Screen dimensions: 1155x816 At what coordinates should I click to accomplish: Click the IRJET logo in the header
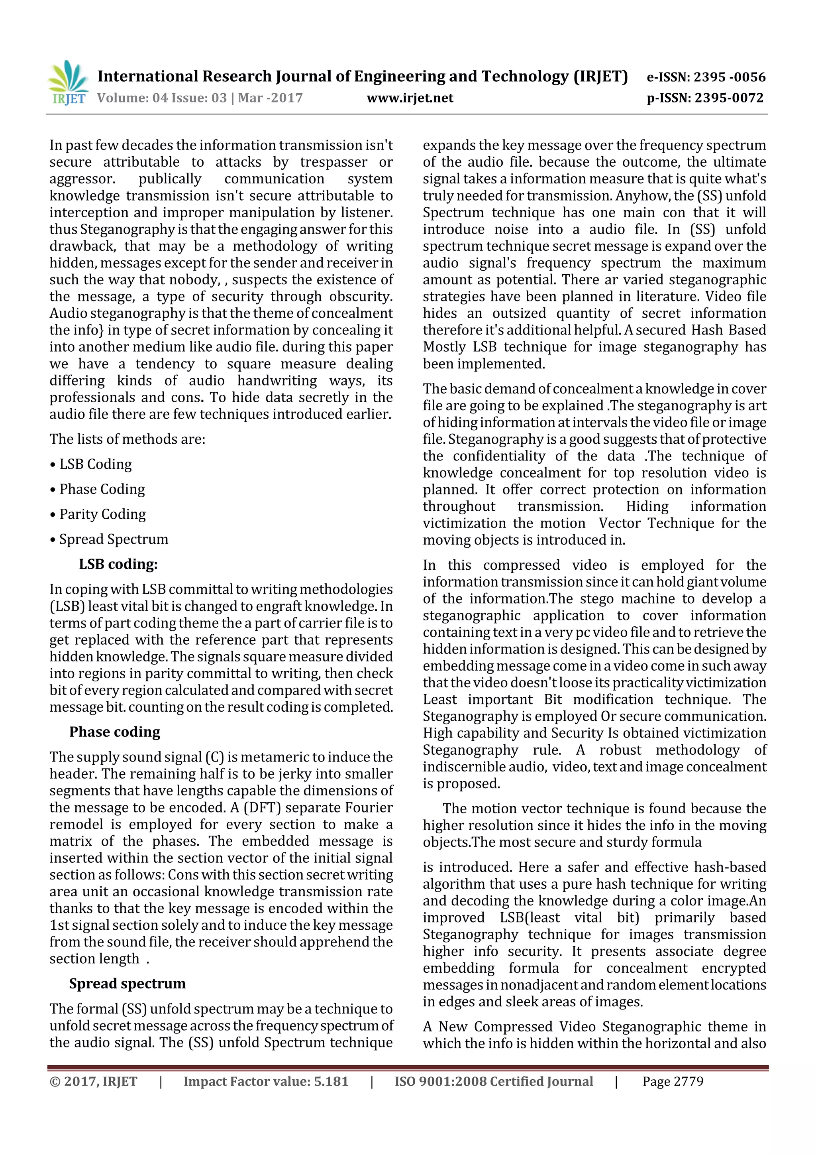67,83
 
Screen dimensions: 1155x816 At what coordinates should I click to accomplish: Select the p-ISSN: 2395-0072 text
705,98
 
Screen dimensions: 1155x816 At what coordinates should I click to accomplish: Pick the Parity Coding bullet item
98,514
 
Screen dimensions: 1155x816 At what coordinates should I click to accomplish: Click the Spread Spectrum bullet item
109,539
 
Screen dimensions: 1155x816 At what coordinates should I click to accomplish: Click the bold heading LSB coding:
118,565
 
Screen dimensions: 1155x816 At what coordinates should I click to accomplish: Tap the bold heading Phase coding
115,732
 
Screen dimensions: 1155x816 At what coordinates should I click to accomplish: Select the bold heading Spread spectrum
127,984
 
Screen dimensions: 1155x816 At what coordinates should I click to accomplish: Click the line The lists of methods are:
127,439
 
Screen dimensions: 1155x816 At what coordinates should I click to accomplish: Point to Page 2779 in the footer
673,1082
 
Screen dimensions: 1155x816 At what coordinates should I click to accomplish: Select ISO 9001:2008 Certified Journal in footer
493,1082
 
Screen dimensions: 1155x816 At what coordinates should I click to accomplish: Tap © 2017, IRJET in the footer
94,1082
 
